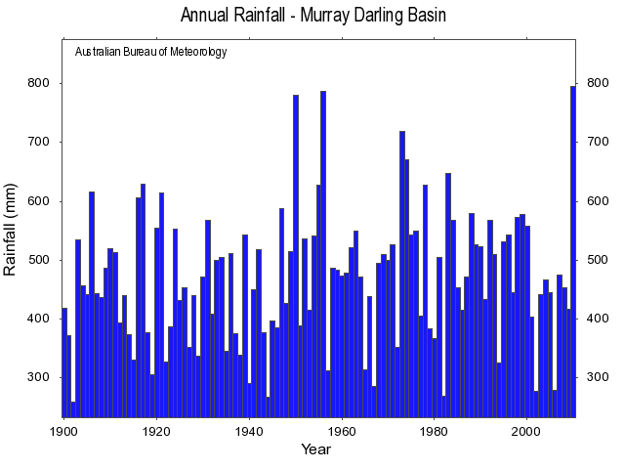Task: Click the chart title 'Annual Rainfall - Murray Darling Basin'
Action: (312, 16)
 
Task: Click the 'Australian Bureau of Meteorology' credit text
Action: (151, 52)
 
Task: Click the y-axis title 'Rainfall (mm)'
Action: (12, 229)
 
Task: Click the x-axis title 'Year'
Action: (315, 449)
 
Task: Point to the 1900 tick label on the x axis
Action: (63, 430)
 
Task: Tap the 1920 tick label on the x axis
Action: (156, 430)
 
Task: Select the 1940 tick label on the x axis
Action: (249, 430)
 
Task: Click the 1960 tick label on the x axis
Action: (342, 430)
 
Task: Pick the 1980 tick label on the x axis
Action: (435, 430)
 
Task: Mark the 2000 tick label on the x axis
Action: (527, 430)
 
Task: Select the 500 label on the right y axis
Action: (597, 260)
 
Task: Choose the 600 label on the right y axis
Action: (597, 201)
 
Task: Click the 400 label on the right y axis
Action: (597, 320)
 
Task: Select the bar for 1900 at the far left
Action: (64, 362)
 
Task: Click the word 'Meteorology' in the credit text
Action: (196, 52)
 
